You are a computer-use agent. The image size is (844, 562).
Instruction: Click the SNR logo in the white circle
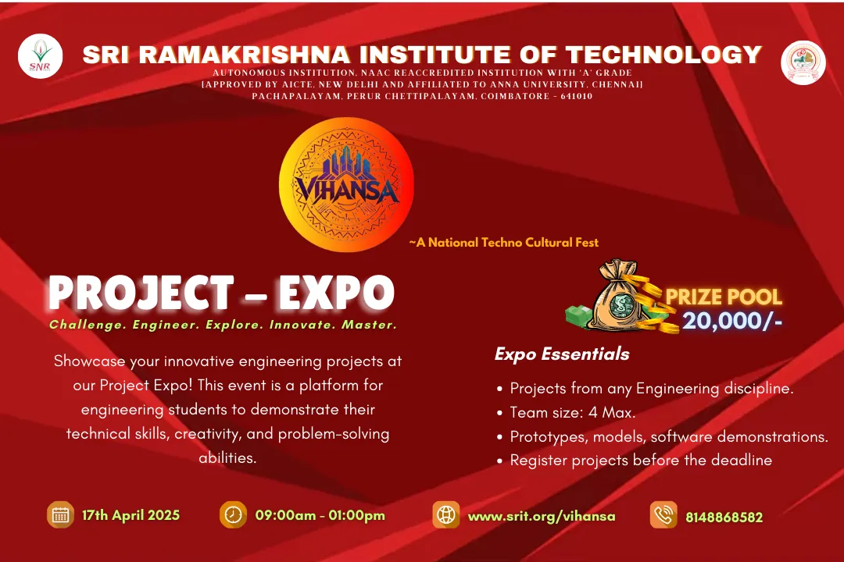tap(40, 56)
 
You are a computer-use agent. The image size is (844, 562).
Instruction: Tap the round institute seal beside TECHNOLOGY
tap(803, 62)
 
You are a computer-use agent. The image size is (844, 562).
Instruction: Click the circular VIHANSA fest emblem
tap(346, 184)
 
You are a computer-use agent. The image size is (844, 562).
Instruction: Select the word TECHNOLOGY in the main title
tap(663, 55)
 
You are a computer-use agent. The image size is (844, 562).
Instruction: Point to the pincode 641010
tap(577, 96)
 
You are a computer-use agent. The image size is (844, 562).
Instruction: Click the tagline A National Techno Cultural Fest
tap(504, 243)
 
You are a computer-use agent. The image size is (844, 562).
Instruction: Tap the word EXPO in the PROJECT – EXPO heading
tap(336, 293)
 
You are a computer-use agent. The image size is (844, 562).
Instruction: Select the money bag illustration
tap(619, 297)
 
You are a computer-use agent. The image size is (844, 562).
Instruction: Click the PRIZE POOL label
tap(724, 297)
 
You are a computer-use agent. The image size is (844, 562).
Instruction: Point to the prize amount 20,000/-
tap(732, 321)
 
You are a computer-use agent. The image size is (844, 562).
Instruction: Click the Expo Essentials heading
tap(562, 354)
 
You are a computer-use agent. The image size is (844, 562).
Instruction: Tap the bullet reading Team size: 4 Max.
tap(572, 412)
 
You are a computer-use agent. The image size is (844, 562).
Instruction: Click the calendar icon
tap(60, 514)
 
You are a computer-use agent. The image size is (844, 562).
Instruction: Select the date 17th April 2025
tap(131, 515)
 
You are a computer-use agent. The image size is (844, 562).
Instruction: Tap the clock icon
tap(233, 514)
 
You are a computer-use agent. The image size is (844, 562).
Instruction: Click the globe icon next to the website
tap(446, 514)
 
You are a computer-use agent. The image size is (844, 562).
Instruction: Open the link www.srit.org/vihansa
tap(542, 516)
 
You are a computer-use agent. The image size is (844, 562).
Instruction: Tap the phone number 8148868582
tap(724, 518)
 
